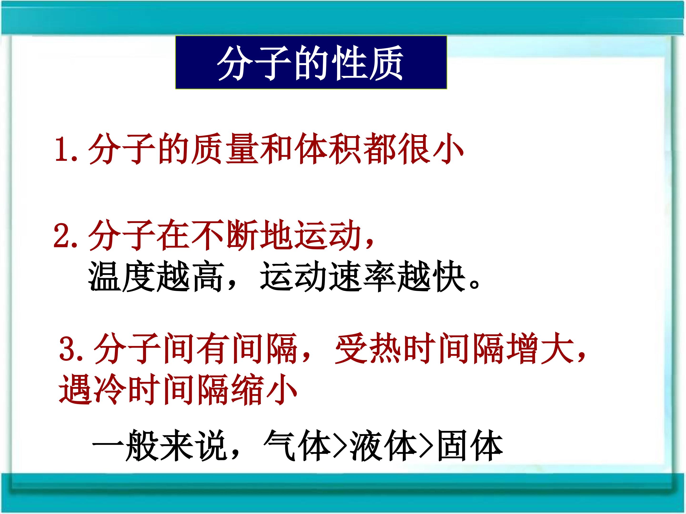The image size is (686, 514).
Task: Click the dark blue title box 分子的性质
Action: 311,63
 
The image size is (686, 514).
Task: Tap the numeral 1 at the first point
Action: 63,149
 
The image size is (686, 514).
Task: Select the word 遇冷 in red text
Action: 92,390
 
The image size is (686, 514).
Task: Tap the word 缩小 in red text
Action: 264,390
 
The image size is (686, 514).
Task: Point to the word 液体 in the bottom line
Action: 384,445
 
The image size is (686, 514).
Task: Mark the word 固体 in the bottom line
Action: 470,445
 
